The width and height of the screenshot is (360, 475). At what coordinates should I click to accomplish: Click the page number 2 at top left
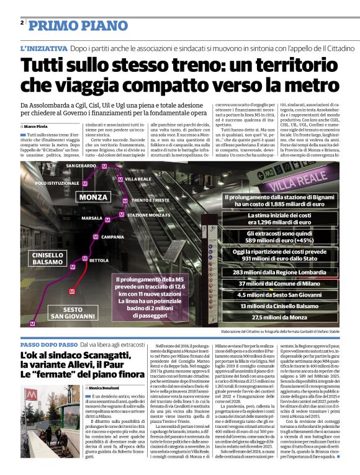tap(22, 23)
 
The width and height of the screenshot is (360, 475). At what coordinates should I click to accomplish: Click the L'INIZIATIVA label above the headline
tap(43, 48)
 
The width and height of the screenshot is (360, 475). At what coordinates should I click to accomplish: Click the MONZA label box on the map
tap(94, 197)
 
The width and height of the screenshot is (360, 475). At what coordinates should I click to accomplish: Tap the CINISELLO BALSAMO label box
tap(48, 259)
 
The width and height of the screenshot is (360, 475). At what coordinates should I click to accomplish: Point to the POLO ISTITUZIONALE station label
tap(58, 184)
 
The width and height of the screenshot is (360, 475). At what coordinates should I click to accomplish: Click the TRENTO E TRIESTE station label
tap(150, 200)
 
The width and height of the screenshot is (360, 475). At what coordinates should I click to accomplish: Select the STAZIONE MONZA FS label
tap(149, 215)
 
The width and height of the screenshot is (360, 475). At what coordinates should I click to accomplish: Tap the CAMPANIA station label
tap(113, 236)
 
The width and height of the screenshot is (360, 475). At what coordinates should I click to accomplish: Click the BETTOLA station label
tap(98, 260)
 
